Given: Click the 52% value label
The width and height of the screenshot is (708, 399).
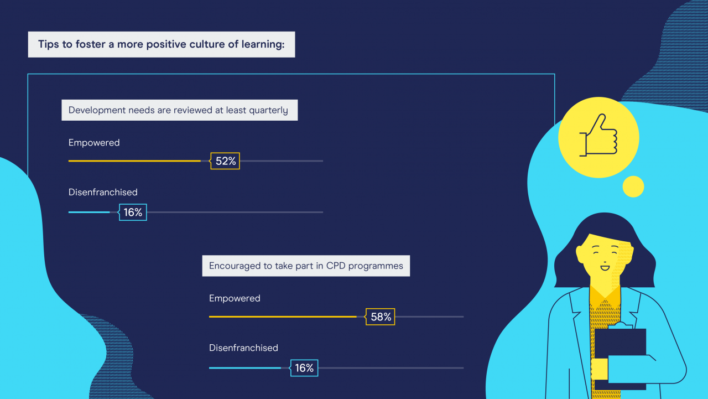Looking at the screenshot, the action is [x=225, y=161].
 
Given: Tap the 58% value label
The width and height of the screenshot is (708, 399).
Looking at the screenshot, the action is [x=380, y=317].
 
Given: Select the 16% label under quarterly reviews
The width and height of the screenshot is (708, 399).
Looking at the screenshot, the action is [x=133, y=212].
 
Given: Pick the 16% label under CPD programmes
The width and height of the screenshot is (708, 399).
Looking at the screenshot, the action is [x=304, y=367].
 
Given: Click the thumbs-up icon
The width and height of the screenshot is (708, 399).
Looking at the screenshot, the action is [x=598, y=136].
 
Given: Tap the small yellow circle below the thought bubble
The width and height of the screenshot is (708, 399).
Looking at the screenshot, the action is [x=633, y=186].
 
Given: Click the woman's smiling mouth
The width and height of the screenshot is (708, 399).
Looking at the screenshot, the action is [x=605, y=268].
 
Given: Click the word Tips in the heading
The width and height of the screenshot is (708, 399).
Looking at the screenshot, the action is [x=49, y=44].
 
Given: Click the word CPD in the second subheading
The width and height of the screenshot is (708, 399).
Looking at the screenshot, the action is [x=336, y=266].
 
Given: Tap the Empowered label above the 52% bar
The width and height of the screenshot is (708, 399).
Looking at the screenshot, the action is [x=94, y=143].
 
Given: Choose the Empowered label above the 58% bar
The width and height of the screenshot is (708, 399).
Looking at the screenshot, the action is [x=235, y=298].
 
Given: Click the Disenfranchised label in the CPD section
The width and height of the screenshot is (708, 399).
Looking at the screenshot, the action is [x=243, y=348].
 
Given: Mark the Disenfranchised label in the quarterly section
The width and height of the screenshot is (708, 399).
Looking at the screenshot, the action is [x=103, y=192].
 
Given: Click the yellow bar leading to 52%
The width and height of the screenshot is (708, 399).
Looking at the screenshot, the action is [x=134, y=161].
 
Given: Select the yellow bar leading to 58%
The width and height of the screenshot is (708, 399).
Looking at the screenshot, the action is [x=283, y=317].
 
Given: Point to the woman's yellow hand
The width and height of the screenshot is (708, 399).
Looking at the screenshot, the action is [x=599, y=369].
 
